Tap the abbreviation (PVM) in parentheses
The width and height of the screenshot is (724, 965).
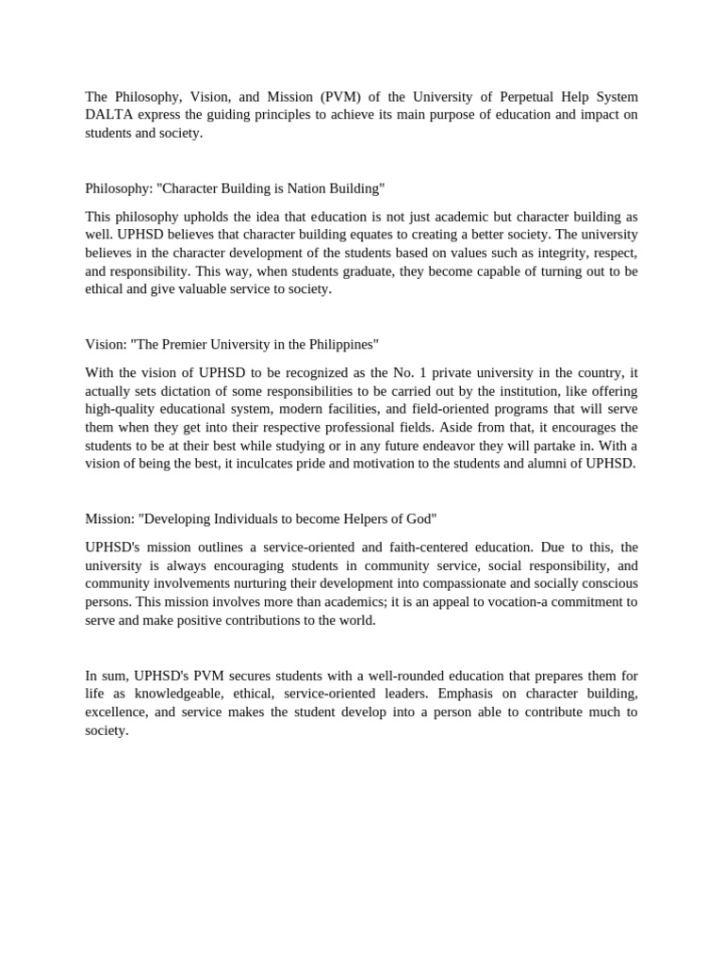click(x=347, y=97)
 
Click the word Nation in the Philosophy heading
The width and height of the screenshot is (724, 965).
click(x=298, y=188)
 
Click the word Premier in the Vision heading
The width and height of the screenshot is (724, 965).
click(x=189, y=345)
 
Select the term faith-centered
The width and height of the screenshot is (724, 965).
click(x=426, y=548)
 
